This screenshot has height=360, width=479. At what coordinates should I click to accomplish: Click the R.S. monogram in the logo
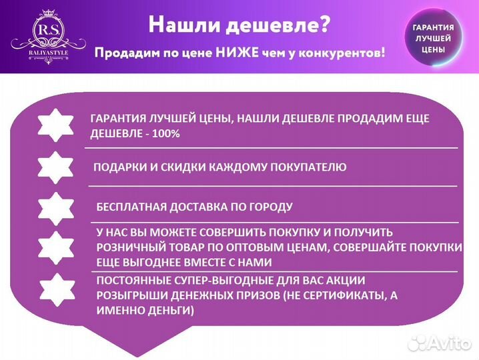[x=48, y=32]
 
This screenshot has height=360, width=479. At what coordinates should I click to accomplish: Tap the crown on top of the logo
[x=48, y=13]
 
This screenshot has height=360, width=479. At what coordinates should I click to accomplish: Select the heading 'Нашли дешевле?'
[x=238, y=25]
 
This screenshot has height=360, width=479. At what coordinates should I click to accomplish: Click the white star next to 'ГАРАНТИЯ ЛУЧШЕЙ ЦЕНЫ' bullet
[x=55, y=124]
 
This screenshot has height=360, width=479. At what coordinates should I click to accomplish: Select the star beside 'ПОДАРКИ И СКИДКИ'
[x=55, y=167]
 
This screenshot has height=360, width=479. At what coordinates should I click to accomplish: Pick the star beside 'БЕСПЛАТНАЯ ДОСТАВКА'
[x=55, y=207]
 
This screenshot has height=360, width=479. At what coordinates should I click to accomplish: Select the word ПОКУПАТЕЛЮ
[x=310, y=167]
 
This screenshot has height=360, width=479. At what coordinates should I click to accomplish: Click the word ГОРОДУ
[x=270, y=207]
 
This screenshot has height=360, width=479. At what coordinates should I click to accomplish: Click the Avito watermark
[x=440, y=343]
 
